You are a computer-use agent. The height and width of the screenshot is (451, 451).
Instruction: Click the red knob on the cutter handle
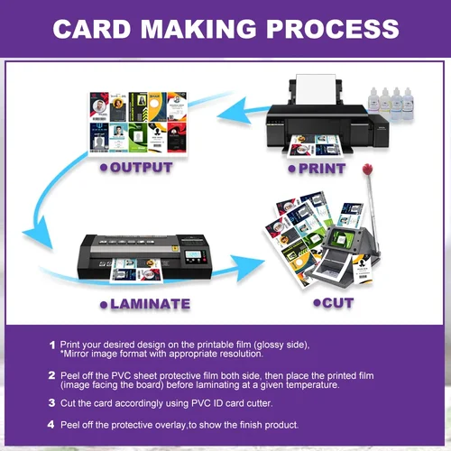(367, 170)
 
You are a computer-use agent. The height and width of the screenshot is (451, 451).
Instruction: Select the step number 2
(51, 373)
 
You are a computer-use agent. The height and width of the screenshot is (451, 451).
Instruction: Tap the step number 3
(51, 404)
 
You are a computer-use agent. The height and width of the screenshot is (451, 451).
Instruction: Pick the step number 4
(51, 424)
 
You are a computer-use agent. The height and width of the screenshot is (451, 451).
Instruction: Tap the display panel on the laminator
(193, 255)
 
